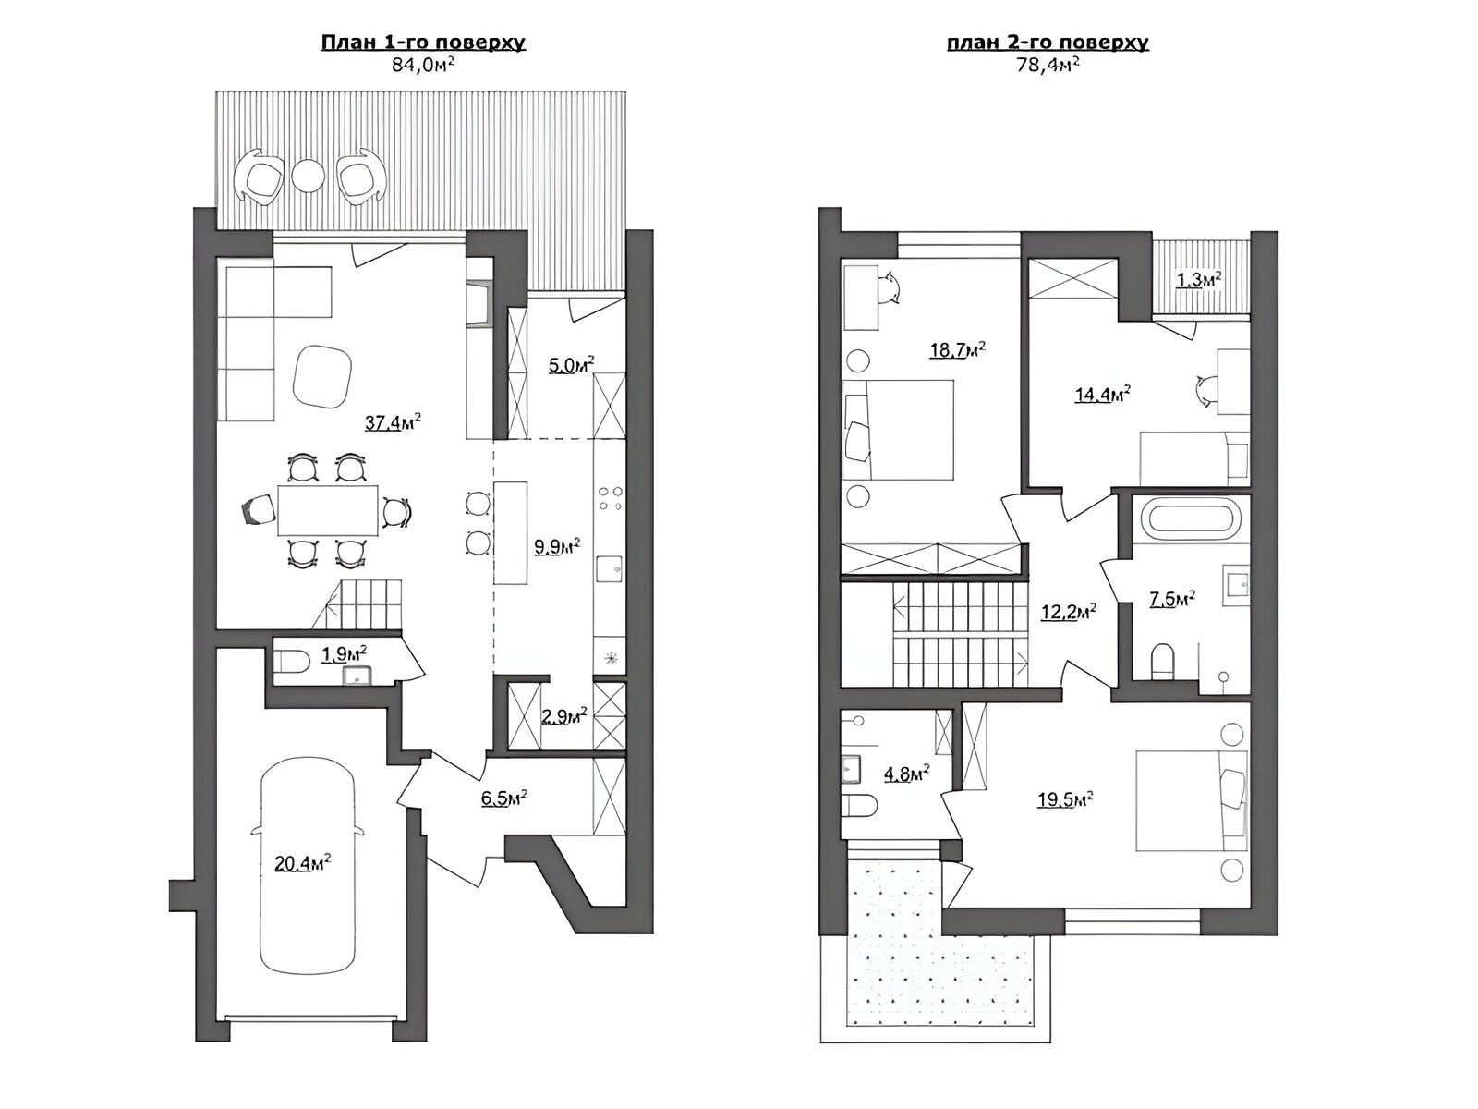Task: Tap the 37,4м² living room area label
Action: click(394, 422)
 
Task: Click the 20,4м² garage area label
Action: click(302, 862)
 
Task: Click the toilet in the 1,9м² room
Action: click(291, 661)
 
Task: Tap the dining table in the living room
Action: click(327, 509)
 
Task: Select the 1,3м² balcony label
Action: click(1198, 280)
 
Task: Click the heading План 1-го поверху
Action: click(423, 43)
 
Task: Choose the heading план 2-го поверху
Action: click(1048, 43)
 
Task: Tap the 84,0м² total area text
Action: click(423, 65)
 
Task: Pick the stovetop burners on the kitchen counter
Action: click(610, 498)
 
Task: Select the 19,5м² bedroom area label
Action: click(1064, 799)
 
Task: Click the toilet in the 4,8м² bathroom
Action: click(859, 805)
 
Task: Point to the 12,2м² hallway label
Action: click(1069, 612)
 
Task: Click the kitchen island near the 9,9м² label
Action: click(511, 532)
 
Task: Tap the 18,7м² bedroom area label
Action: click(958, 350)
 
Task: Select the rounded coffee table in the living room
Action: click(322, 376)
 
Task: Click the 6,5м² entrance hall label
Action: click(503, 798)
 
